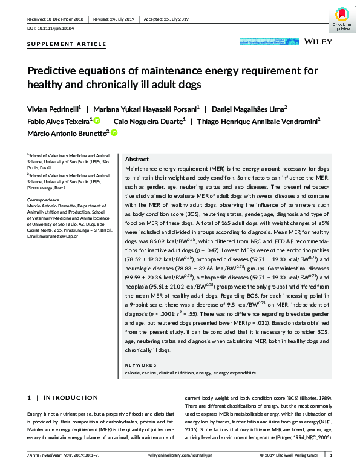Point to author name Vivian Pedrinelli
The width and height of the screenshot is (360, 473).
57,109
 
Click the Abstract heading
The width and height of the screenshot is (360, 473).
137,158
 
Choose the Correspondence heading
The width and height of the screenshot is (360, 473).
44,199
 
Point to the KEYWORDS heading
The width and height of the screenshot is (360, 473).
139,365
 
